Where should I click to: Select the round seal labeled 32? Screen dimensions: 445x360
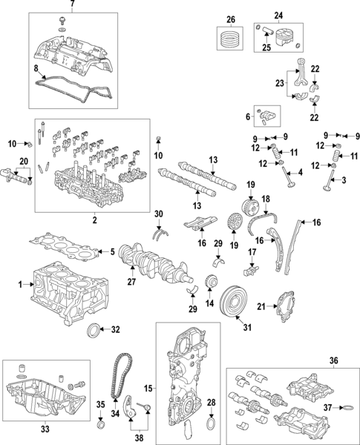[94, 329]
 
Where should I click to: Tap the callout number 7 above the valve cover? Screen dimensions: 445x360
[72, 5]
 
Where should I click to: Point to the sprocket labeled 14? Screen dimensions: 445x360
[212, 285]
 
